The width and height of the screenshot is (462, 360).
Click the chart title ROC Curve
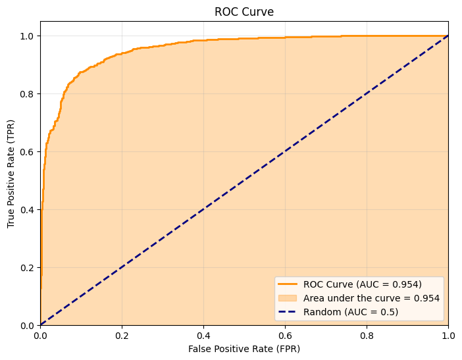pyautogui.click(x=244, y=12)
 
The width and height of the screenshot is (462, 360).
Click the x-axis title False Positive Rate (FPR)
pyautogui.click(x=244, y=347)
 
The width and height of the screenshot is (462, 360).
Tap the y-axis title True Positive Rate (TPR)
pyautogui.click(x=11, y=173)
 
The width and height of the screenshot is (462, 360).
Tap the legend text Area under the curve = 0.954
pyautogui.click(x=371, y=298)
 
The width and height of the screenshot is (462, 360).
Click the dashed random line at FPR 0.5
pyautogui.click(x=244, y=180)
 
